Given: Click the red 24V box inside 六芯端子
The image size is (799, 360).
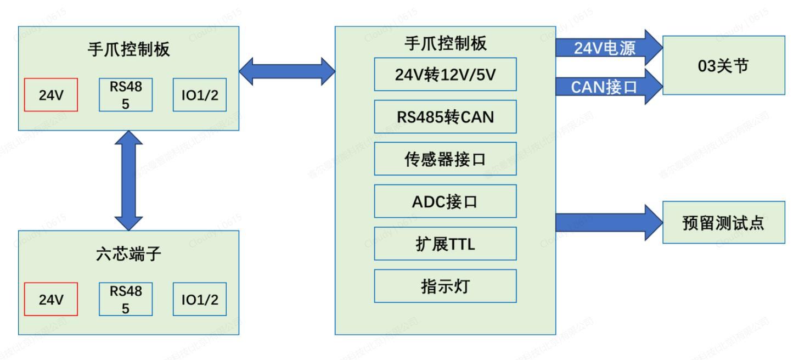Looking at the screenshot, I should [51, 299].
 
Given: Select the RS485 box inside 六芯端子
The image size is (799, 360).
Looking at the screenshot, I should [126, 299].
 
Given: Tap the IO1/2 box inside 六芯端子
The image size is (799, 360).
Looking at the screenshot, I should [200, 299].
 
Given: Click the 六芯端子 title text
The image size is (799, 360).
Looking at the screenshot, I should [128, 255].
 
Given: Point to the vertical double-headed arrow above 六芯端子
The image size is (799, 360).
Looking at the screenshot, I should [129, 180].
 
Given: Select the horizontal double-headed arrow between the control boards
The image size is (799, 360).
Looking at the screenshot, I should [287, 71].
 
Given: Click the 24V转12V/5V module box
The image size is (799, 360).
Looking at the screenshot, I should [445, 74].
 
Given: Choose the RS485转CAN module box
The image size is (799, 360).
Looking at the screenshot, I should [445, 116].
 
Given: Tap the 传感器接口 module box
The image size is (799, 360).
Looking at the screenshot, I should [445, 159].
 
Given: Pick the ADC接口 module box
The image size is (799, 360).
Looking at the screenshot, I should [445, 201].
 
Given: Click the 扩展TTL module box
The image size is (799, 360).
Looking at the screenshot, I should [445, 243].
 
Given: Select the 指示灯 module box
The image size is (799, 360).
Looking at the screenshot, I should [445, 285].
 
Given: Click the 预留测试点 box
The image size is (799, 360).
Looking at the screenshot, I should [723, 223].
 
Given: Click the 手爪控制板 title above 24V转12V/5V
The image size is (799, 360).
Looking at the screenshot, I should [445, 43].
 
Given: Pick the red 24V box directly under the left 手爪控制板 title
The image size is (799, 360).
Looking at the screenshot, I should [51, 95].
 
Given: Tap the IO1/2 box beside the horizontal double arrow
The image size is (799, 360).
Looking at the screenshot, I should [200, 95].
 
